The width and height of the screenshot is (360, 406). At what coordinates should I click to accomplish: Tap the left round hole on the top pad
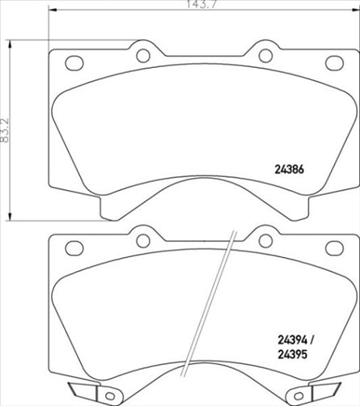click(x=142, y=56)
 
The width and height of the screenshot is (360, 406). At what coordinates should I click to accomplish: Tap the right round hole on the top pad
click(x=265, y=56)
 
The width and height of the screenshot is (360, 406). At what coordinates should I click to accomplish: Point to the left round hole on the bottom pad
click(x=142, y=240)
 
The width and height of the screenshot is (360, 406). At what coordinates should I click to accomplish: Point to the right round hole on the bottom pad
click(x=265, y=240)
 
